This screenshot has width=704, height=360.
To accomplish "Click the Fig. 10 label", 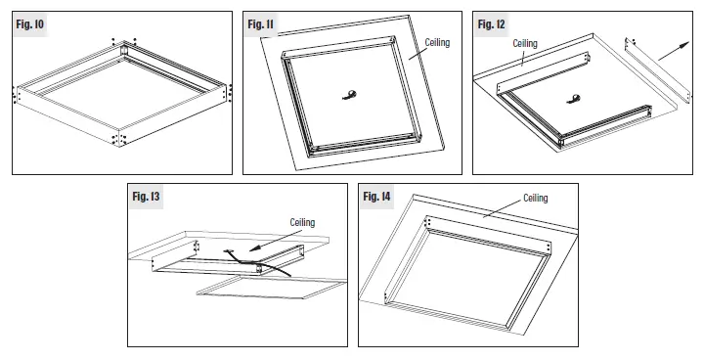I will pos(28,22).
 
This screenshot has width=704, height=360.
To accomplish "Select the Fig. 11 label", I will pos(259,22).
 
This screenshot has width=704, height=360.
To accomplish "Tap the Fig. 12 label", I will pos(492,22).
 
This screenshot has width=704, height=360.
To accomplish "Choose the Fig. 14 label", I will pos(376,197).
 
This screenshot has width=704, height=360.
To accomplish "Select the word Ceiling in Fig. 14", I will pos(536,198).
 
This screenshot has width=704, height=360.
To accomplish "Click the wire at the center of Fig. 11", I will pos(350,94).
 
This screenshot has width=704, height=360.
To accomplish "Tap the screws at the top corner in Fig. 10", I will pos(124,42).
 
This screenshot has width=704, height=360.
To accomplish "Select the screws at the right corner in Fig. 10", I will pos(230,93).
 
